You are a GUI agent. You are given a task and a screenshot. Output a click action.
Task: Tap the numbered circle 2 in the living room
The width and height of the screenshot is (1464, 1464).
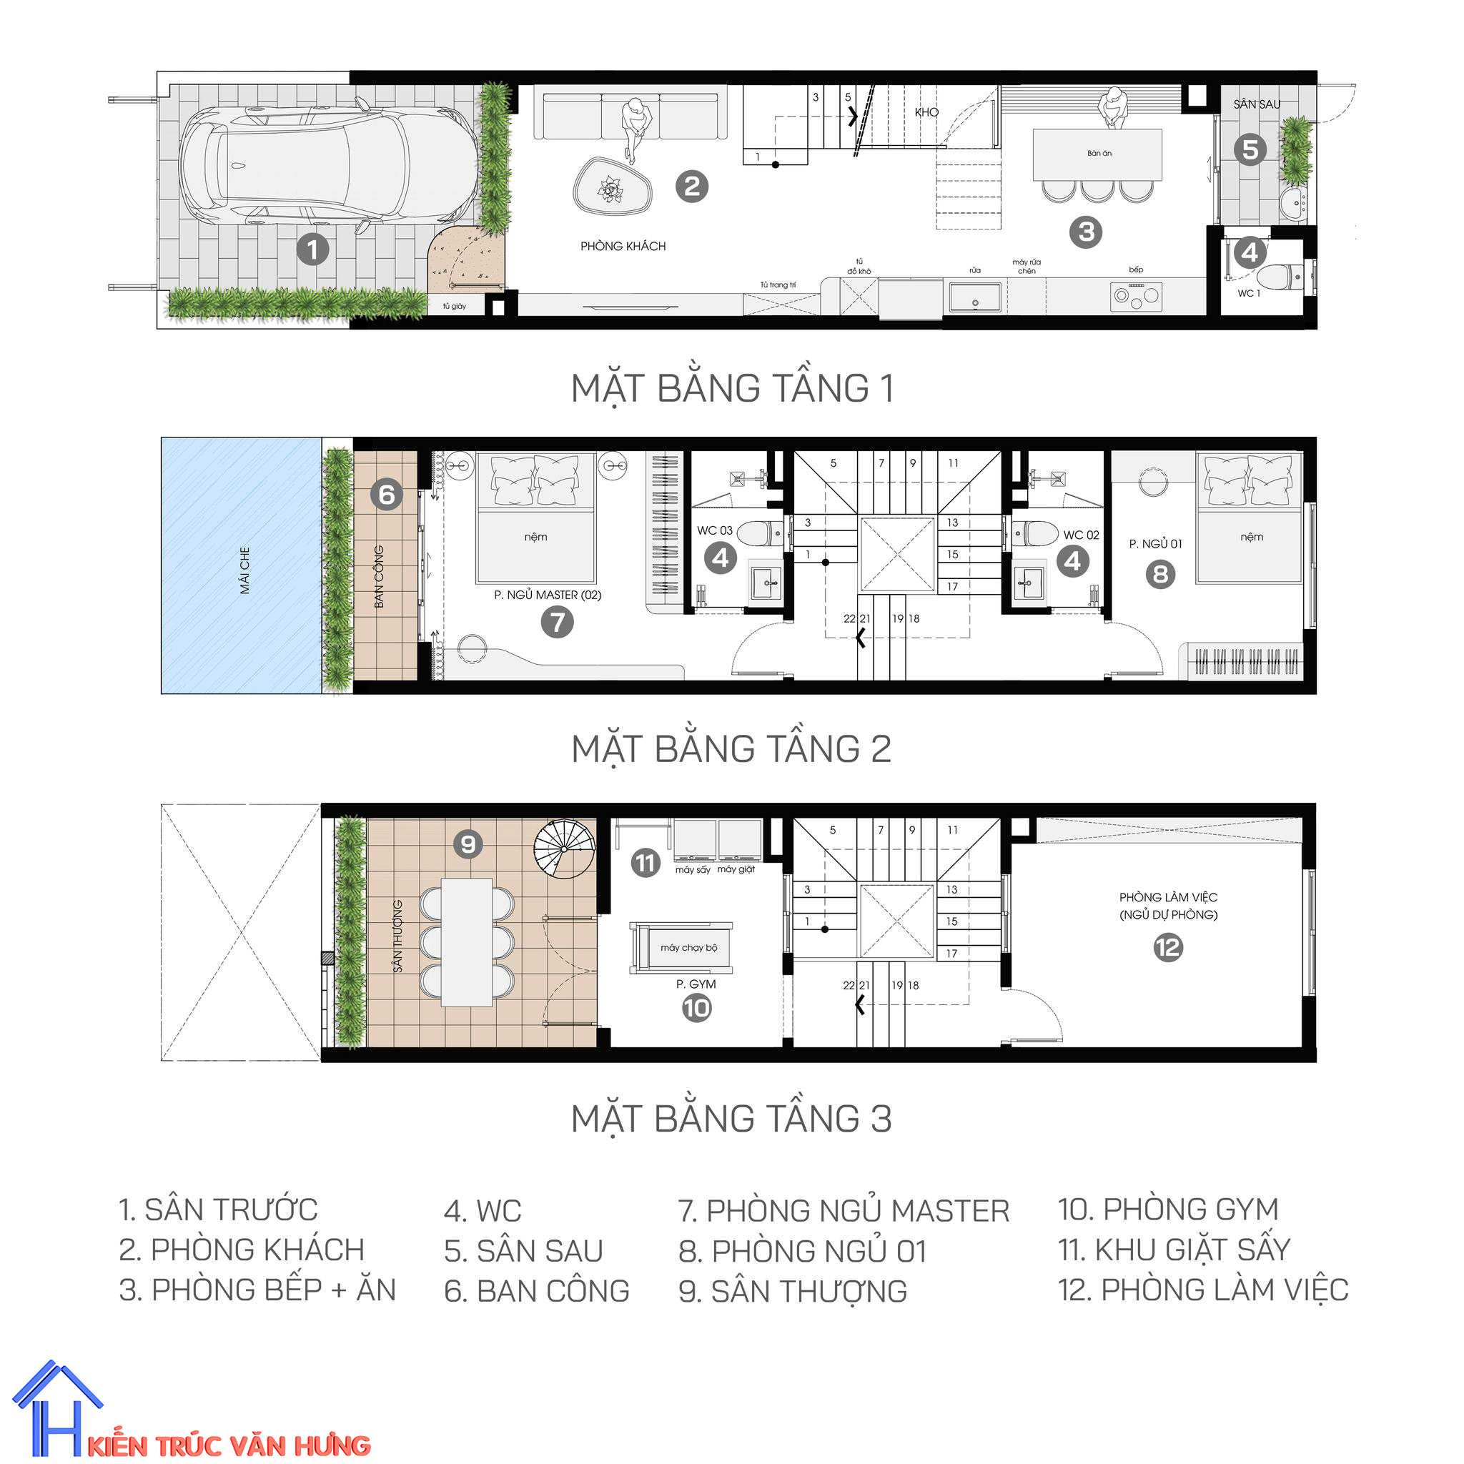coord(692,187)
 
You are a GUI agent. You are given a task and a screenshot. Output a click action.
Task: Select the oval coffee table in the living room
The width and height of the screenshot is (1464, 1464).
coord(613,187)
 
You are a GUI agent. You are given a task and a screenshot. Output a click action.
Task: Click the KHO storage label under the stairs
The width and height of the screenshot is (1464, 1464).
coord(926,112)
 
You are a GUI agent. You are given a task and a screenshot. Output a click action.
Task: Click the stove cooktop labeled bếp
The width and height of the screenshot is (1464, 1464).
coord(1135,295)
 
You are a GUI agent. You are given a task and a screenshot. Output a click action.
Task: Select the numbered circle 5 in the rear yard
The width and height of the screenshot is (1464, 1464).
coord(1250,150)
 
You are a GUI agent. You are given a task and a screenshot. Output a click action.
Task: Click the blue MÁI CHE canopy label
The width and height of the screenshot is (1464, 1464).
coord(244,570)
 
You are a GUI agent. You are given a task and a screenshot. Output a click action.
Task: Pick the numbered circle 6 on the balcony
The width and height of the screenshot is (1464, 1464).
coord(387,495)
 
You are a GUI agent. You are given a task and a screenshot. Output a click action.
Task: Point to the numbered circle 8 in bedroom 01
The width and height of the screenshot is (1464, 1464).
coord(1160,575)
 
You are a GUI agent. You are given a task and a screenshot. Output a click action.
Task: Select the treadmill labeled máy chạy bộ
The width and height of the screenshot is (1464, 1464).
coord(681,948)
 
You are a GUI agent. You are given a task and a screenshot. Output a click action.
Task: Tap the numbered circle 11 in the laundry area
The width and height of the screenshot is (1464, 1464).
coord(646,862)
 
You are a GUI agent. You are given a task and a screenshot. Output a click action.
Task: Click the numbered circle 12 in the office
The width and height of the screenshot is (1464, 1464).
coord(1168,948)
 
